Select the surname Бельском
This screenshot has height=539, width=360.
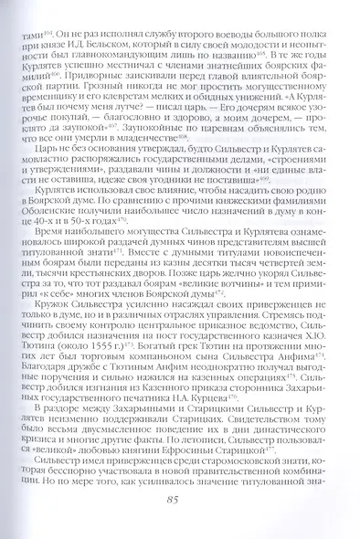[163, 42]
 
